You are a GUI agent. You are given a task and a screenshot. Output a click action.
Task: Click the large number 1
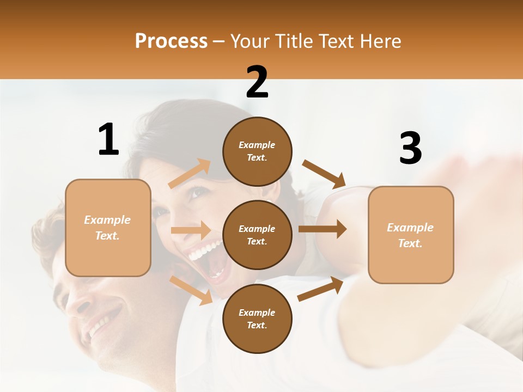point(108,140)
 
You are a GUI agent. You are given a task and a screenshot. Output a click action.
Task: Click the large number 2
point(257,83)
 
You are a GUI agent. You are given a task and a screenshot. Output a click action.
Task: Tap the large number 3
point(410,149)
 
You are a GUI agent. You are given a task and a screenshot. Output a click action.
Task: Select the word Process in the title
point(171,41)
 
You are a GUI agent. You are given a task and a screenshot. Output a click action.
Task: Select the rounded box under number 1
point(108,228)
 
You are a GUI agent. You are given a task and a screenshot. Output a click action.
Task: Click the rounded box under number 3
point(411,235)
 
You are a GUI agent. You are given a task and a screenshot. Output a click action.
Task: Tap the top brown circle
point(257,151)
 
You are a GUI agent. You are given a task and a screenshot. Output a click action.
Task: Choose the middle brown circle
point(257,235)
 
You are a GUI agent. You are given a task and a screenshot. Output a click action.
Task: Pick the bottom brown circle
point(257,319)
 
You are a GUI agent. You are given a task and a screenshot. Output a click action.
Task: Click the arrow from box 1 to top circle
point(190,174)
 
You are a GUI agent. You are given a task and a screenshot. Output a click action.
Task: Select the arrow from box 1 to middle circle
point(191,230)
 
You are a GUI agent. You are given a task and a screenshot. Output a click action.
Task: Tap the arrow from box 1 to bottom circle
point(191,290)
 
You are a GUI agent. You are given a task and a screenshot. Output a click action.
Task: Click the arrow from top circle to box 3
point(324,174)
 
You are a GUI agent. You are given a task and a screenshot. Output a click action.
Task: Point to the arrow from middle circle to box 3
point(323,229)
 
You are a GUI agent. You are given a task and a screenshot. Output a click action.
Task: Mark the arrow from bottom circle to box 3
point(320,289)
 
